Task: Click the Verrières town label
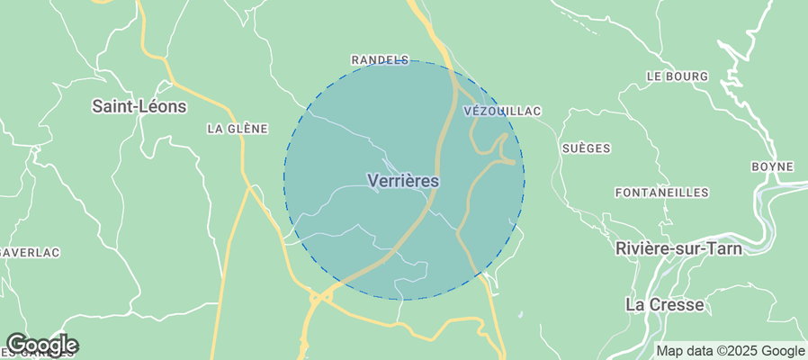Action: point(403,181)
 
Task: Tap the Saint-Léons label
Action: point(139,106)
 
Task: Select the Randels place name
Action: point(379,60)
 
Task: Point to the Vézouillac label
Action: point(502,111)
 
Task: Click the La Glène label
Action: point(238,129)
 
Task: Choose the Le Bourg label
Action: point(677,76)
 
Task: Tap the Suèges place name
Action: point(586,148)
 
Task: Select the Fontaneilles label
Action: point(661,193)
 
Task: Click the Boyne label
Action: point(773,166)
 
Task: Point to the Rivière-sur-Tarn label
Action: point(679,248)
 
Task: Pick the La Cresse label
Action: point(664,305)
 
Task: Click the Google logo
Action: point(41,344)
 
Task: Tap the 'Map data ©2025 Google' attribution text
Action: point(730,351)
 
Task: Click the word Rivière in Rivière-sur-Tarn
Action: point(642,248)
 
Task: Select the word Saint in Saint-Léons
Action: point(112,106)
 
